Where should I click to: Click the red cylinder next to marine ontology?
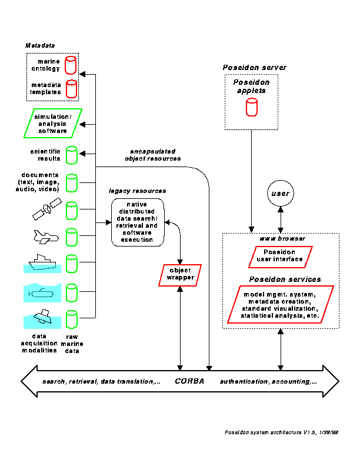pos(71,64)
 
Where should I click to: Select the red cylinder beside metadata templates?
pos(71,89)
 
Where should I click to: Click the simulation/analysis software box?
pos(56,124)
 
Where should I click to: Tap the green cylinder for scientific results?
pos(71,155)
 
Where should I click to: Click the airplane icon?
pos(45,237)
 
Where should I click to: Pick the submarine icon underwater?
pos(44,292)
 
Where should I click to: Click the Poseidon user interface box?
pos(279,255)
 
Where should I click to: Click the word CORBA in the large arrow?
pos(189,381)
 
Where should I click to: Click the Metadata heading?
pos(39,45)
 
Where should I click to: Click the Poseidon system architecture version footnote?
pos(281,432)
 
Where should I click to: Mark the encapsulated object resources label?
pos(153,155)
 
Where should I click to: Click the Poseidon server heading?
pos(254,68)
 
